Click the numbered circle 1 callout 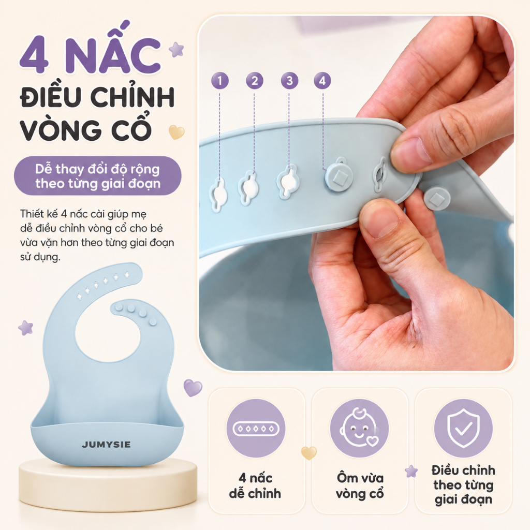(x=219, y=81)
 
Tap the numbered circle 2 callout (x=255, y=81)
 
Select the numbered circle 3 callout (x=289, y=81)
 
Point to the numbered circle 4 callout (x=322, y=81)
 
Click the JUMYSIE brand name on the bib (x=106, y=445)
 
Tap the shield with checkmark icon (x=463, y=428)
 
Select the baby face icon (x=359, y=428)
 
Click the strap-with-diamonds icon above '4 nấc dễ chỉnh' (x=256, y=429)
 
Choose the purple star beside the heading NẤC (x=176, y=50)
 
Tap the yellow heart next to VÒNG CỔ (x=176, y=132)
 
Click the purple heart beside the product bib (x=193, y=387)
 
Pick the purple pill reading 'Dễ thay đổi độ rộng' (x=98, y=176)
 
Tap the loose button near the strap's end (x=437, y=199)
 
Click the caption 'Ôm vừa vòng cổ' (x=360, y=485)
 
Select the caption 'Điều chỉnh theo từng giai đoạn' (x=463, y=484)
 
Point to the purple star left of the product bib (x=26, y=328)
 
